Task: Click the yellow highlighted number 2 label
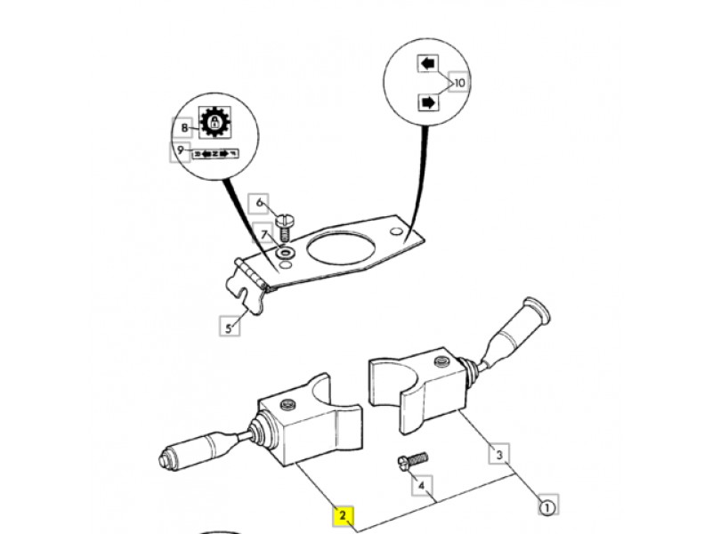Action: (342, 515)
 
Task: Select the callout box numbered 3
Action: (501, 455)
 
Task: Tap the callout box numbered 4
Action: (422, 487)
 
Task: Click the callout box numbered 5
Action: (229, 328)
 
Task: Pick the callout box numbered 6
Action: (260, 203)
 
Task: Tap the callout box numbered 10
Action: (459, 83)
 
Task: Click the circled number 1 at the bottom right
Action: (546, 507)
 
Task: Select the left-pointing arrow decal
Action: (429, 64)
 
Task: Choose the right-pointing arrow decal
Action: (429, 102)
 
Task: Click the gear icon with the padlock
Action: (213, 122)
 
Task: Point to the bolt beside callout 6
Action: (284, 224)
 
